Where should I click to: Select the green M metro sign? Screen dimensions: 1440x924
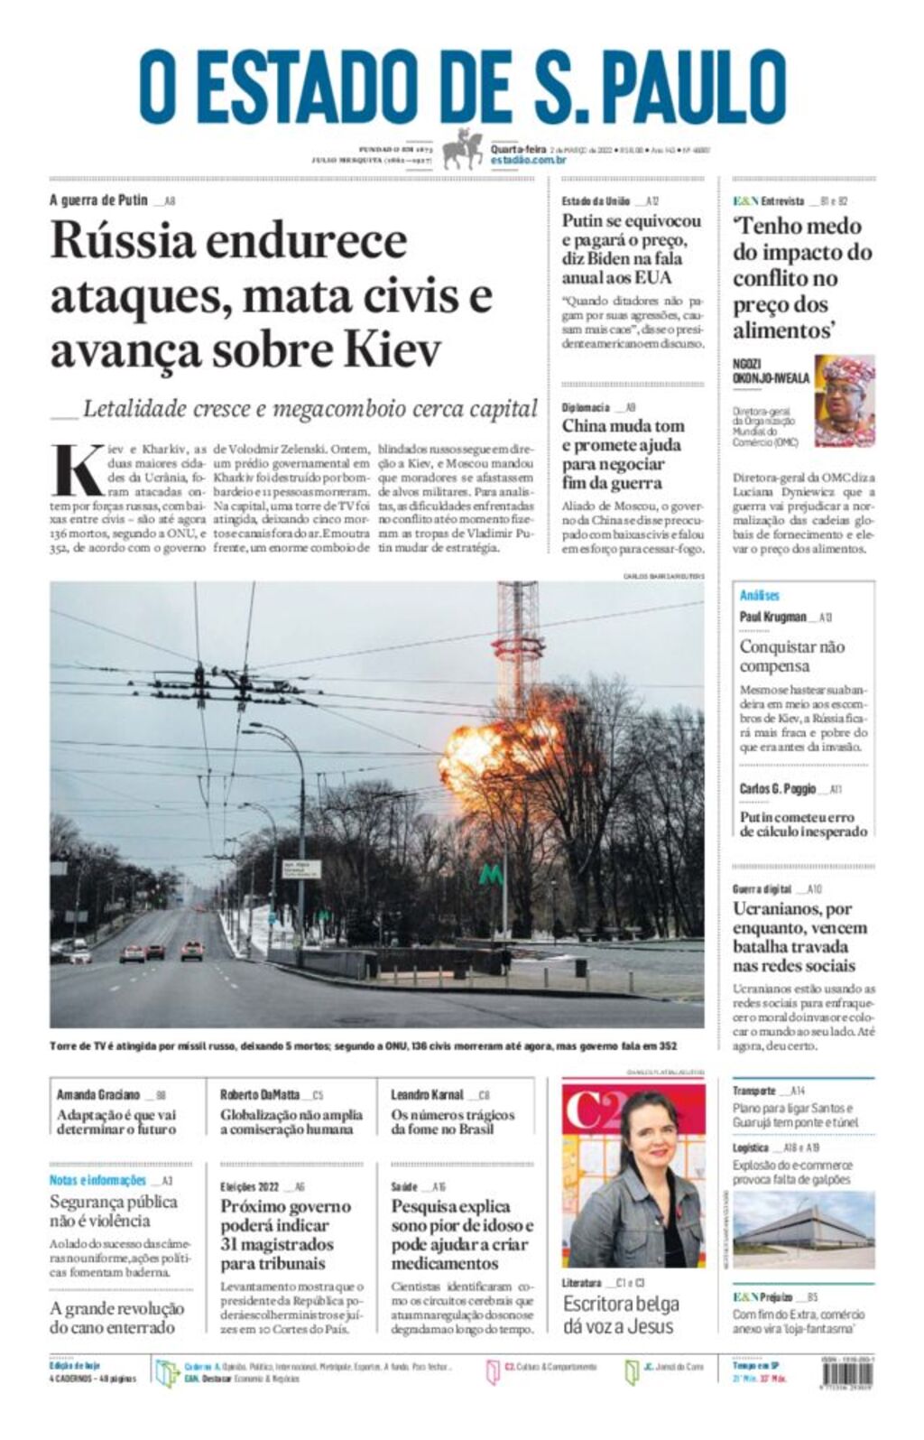[491, 875]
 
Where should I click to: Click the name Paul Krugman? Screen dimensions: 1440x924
[772, 618]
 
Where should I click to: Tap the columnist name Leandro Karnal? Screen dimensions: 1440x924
[426, 1095]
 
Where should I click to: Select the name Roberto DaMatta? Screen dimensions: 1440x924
[259, 1095]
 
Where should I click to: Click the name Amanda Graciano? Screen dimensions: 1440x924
[98, 1095]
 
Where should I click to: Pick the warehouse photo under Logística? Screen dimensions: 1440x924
[803, 1230]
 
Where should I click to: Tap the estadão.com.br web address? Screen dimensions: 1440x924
[529, 161]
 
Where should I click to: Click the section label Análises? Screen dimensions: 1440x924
[759, 596]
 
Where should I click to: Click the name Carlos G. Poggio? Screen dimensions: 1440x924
[777, 789]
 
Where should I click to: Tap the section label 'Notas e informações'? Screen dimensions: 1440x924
[97, 1181]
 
